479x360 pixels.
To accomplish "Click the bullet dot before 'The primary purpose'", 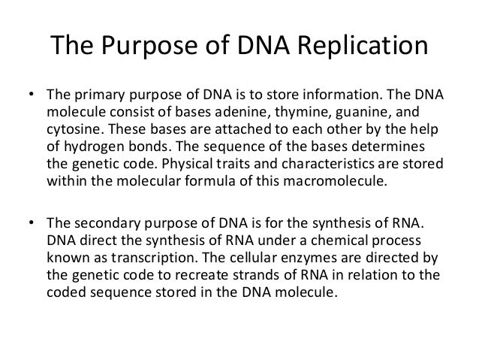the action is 30,97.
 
